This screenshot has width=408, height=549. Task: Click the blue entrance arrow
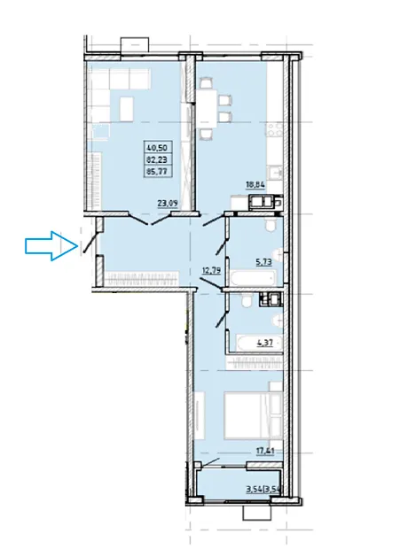tap(51, 246)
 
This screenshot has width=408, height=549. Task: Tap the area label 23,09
tap(168, 204)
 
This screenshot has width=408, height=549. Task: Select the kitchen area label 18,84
tap(255, 185)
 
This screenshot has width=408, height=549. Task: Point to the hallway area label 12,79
tap(212, 270)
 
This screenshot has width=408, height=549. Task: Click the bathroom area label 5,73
tap(263, 262)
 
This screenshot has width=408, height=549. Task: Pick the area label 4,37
tap(265, 343)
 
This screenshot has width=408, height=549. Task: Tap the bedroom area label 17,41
tap(264, 451)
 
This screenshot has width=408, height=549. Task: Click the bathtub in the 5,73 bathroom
tap(253, 278)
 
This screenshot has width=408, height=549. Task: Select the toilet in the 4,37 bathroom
tap(246, 300)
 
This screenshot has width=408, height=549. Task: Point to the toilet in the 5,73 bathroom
tap(271, 226)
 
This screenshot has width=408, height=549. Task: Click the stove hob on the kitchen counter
tap(274, 129)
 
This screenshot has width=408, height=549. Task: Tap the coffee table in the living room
tap(126, 109)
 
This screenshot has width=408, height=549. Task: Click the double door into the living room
tap(152, 218)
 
